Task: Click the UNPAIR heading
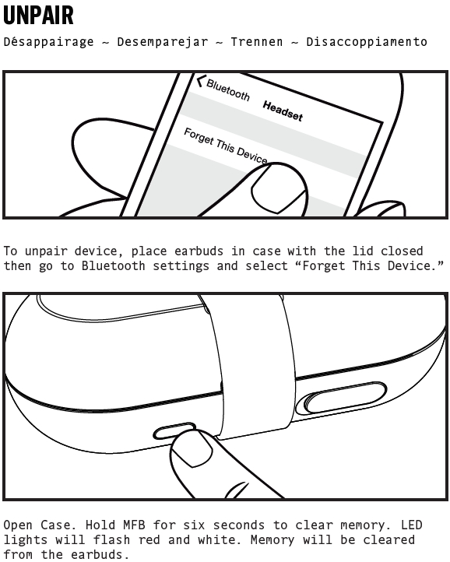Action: (x=38, y=16)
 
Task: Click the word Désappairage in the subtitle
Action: (x=48, y=42)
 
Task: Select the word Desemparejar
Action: (x=163, y=42)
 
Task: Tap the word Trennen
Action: (x=257, y=42)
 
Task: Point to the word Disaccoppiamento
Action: (x=367, y=42)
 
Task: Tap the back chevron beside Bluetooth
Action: (x=201, y=81)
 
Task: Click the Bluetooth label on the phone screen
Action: (x=228, y=90)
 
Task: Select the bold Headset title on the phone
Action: (x=283, y=111)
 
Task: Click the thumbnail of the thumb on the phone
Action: (x=277, y=189)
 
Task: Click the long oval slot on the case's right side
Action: (x=346, y=398)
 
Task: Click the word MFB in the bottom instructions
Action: (x=134, y=525)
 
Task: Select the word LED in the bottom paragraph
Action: (x=412, y=525)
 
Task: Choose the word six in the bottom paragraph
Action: (x=194, y=525)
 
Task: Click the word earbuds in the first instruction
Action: (x=199, y=251)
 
